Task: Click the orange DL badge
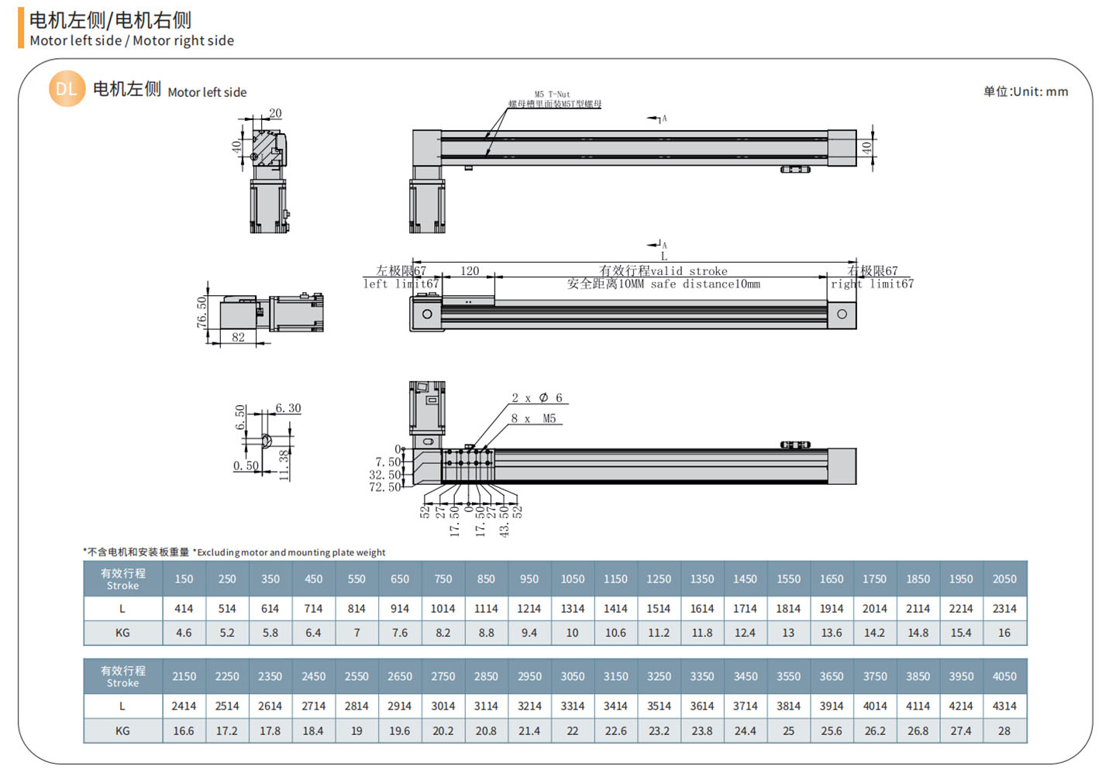point(67,89)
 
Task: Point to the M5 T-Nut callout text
point(552,94)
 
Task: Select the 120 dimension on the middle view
point(470,271)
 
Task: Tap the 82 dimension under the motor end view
point(238,337)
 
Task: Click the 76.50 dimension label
point(202,312)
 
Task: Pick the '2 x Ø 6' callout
point(536,398)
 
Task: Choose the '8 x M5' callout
point(533,419)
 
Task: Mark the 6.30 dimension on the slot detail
point(288,408)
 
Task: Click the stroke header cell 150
point(184,579)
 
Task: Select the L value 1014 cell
point(443,609)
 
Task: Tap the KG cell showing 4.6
point(184,633)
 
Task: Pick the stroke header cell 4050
point(1004,676)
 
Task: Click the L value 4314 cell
point(1004,706)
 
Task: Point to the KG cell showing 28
point(1004,730)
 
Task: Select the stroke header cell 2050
point(1004,579)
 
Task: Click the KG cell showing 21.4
point(529,730)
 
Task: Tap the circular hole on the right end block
point(842,314)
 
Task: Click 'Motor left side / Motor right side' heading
point(132,40)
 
